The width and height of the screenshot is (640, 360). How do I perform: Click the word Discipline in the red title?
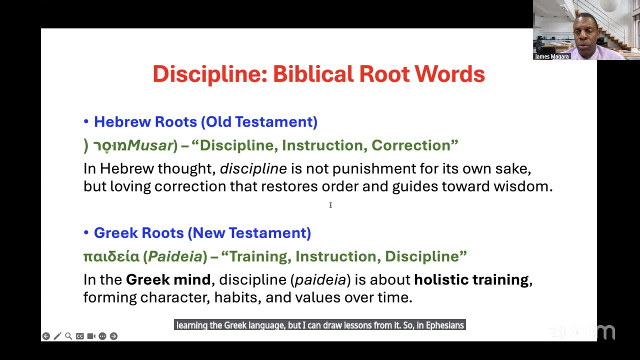tap(209, 74)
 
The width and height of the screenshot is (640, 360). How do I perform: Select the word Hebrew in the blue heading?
tap(122, 121)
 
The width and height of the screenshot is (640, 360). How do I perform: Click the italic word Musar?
tap(149, 145)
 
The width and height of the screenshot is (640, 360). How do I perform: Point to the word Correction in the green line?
tap(411, 145)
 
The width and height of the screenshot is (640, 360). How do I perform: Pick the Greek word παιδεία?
tap(111, 256)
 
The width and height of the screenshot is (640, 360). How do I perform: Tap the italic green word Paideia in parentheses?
tap(175, 256)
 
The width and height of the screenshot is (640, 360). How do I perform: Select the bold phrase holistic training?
tap(471, 279)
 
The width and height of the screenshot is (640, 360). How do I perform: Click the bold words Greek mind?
tap(168, 279)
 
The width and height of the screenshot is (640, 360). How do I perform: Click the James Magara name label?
tap(551, 56)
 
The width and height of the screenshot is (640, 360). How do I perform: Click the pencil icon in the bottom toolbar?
tap(57, 336)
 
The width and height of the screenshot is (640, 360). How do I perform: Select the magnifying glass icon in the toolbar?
tap(68, 336)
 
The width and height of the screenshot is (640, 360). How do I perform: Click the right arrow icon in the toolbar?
tap(113, 336)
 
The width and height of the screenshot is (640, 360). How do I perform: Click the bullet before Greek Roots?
tap(86, 232)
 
